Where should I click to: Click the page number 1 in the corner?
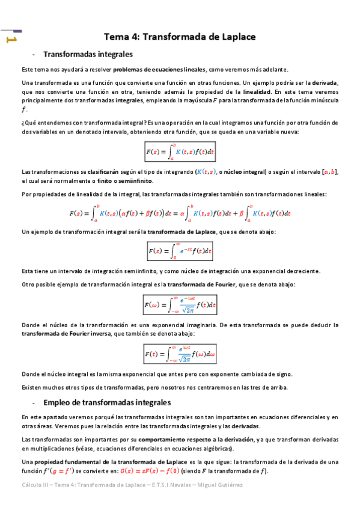[10, 40]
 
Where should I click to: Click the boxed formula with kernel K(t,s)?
[180, 152]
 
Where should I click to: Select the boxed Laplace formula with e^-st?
[180, 250]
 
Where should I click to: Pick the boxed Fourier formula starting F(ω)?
[180, 305]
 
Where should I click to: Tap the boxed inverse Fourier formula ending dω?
[180, 352]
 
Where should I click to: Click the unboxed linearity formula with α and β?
[180, 213]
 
